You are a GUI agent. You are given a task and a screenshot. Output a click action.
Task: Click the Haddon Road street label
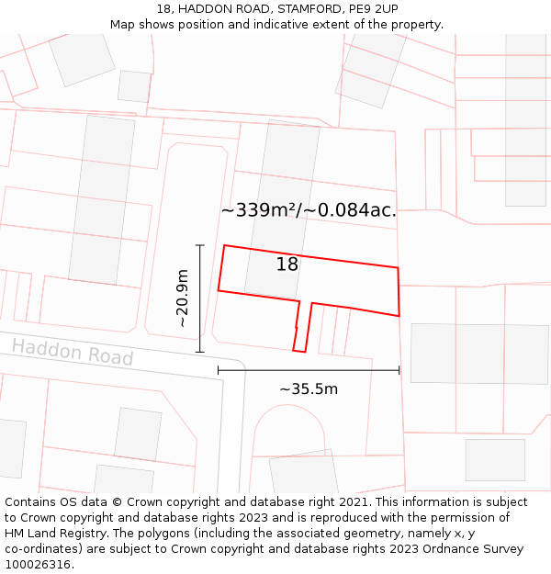click(73, 353)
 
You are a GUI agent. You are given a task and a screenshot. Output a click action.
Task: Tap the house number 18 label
click(287, 264)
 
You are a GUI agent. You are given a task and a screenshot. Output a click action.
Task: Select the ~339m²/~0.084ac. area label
click(309, 210)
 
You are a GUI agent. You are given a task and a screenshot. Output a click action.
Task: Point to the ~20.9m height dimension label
click(182, 298)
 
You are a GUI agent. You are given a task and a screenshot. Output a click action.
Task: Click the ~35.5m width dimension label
click(309, 388)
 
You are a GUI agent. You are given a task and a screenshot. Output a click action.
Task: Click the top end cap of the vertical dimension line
click(199, 245)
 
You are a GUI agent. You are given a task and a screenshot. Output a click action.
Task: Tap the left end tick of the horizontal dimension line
click(219, 370)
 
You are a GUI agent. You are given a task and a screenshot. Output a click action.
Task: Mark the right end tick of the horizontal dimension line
click(399, 370)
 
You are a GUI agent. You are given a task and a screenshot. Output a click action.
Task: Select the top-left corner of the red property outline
click(225, 246)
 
